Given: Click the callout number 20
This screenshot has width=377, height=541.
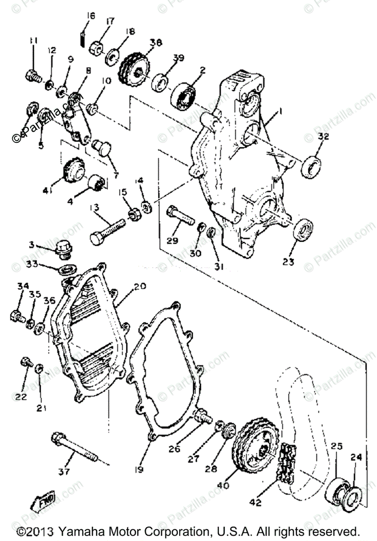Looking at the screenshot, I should coord(140,286).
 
